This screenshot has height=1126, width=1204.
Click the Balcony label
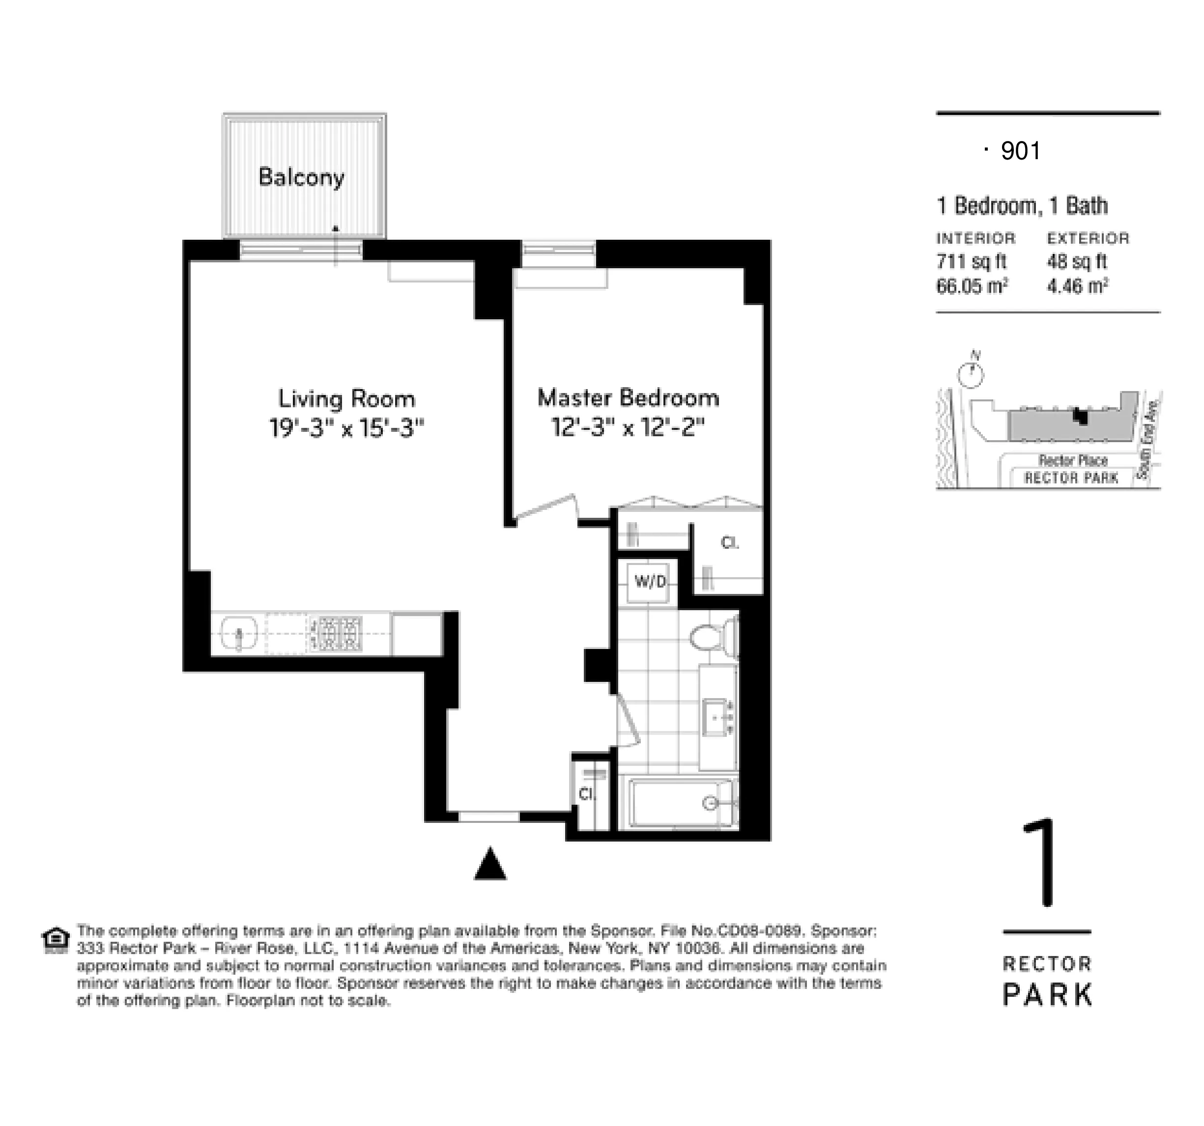click(x=301, y=177)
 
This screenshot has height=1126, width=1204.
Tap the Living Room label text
click(x=346, y=399)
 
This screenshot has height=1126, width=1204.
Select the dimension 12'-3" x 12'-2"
click(x=628, y=428)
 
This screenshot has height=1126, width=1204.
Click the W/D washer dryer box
click(x=649, y=582)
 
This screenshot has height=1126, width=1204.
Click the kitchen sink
click(x=239, y=634)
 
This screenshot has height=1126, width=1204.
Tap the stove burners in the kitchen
click(x=337, y=634)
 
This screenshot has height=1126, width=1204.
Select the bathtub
click(x=682, y=803)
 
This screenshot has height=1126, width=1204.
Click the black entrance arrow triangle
click(x=490, y=865)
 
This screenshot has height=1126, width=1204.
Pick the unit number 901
click(x=1021, y=151)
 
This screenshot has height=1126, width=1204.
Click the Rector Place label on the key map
click(x=1073, y=461)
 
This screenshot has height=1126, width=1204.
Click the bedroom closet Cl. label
click(x=730, y=543)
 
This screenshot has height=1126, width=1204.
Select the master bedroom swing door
click(x=545, y=507)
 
